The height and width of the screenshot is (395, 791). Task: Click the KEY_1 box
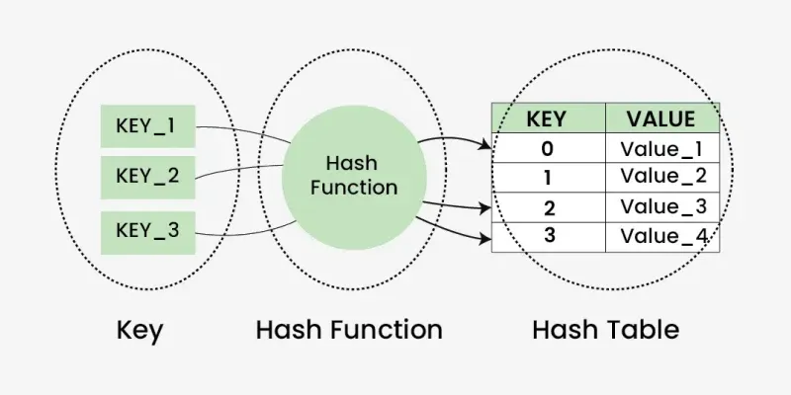pyautogui.click(x=147, y=126)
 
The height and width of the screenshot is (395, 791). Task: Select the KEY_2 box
pyautogui.click(x=147, y=178)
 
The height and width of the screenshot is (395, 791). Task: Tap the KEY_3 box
pyautogui.click(x=147, y=231)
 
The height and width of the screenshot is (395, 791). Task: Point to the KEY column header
pyautogui.click(x=547, y=119)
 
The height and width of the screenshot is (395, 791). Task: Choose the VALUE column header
pyautogui.click(x=661, y=119)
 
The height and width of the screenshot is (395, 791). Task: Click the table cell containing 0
pyautogui.click(x=547, y=149)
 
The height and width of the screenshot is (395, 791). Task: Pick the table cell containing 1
pyautogui.click(x=547, y=177)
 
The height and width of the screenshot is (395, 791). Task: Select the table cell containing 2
pyautogui.click(x=547, y=207)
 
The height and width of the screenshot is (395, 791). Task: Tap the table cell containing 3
pyautogui.click(x=547, y=236)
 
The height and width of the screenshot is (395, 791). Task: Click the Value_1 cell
pyautogui.click(x=661, y=149)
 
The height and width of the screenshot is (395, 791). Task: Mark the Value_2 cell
pyautogui.click(x=661, y=177)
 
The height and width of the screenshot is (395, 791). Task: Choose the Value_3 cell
pyautogui.click(x=661, y=207)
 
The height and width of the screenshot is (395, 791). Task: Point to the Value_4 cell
pyautogui.click(x=661, y=236)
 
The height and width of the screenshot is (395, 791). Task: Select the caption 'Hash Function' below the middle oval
pyautogui.click(x=349, y=329)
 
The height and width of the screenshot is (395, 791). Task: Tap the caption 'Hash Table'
pyautogui.click(x=605, y=329)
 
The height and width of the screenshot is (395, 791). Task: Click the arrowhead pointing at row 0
pyautogui.click(x=485, y=147)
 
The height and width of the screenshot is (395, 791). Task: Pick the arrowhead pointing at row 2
pyautogui.click(x=484, y=208)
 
